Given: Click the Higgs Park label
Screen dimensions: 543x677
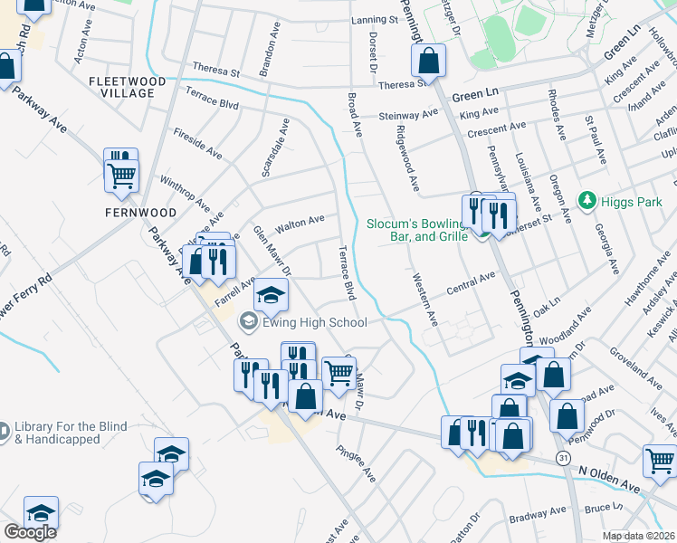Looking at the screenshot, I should (629, 198).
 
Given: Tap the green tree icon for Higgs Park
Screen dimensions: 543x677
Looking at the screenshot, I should (587, 198).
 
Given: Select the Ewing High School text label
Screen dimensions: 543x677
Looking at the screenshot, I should (313, 322).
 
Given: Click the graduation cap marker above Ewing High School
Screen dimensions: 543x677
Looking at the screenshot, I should (270, 294).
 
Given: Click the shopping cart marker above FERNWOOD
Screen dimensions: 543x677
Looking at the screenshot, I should (121, 173).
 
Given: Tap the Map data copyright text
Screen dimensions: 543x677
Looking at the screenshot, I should (639, 536).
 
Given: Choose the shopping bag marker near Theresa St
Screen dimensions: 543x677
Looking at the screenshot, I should (428, 62).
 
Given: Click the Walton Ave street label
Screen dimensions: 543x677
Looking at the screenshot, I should (300, 220).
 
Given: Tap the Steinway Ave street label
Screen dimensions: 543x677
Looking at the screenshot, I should (407, 116).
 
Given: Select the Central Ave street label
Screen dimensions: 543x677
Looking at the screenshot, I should (471, 284).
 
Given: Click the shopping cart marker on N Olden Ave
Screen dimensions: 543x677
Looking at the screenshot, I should (660, 462).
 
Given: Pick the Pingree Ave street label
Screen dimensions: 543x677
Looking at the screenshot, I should (356, 462).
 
